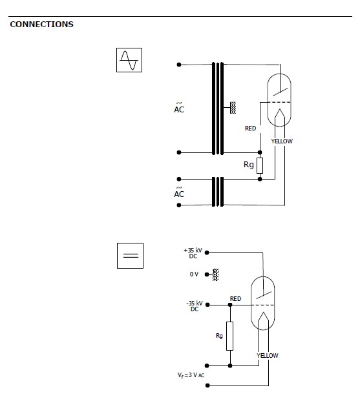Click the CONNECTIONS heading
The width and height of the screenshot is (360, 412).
[41, 24]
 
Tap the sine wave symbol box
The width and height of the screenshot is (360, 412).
[129, 60]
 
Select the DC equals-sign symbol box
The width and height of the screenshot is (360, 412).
[130, 256]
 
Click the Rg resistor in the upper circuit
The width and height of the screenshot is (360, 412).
[260, 165]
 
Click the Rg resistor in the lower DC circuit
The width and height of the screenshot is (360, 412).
[230, 336]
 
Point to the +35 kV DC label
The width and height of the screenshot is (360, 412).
[193, 253]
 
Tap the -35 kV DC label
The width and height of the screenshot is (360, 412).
[195, 306]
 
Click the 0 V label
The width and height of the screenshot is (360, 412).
[194, 274]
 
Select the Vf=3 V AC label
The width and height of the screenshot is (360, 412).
[191, 375]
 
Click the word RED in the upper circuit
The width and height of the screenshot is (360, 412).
[250, 129]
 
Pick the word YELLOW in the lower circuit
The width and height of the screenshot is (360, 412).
[268, 356]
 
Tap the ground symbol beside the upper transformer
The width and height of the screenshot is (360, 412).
[233, 107]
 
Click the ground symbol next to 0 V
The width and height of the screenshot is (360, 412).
[216, 274]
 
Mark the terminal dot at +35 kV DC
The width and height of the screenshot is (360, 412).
[207, 252]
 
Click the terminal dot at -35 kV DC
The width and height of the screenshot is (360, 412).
[207, 305]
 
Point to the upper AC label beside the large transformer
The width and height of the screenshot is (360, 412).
[179, 108]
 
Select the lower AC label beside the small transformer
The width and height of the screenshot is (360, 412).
[179, 192]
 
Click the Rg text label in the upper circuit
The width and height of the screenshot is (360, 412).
[249, 165]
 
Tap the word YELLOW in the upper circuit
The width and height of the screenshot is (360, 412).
[282, 141]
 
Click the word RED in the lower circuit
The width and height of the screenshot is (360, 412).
[236, 299]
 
